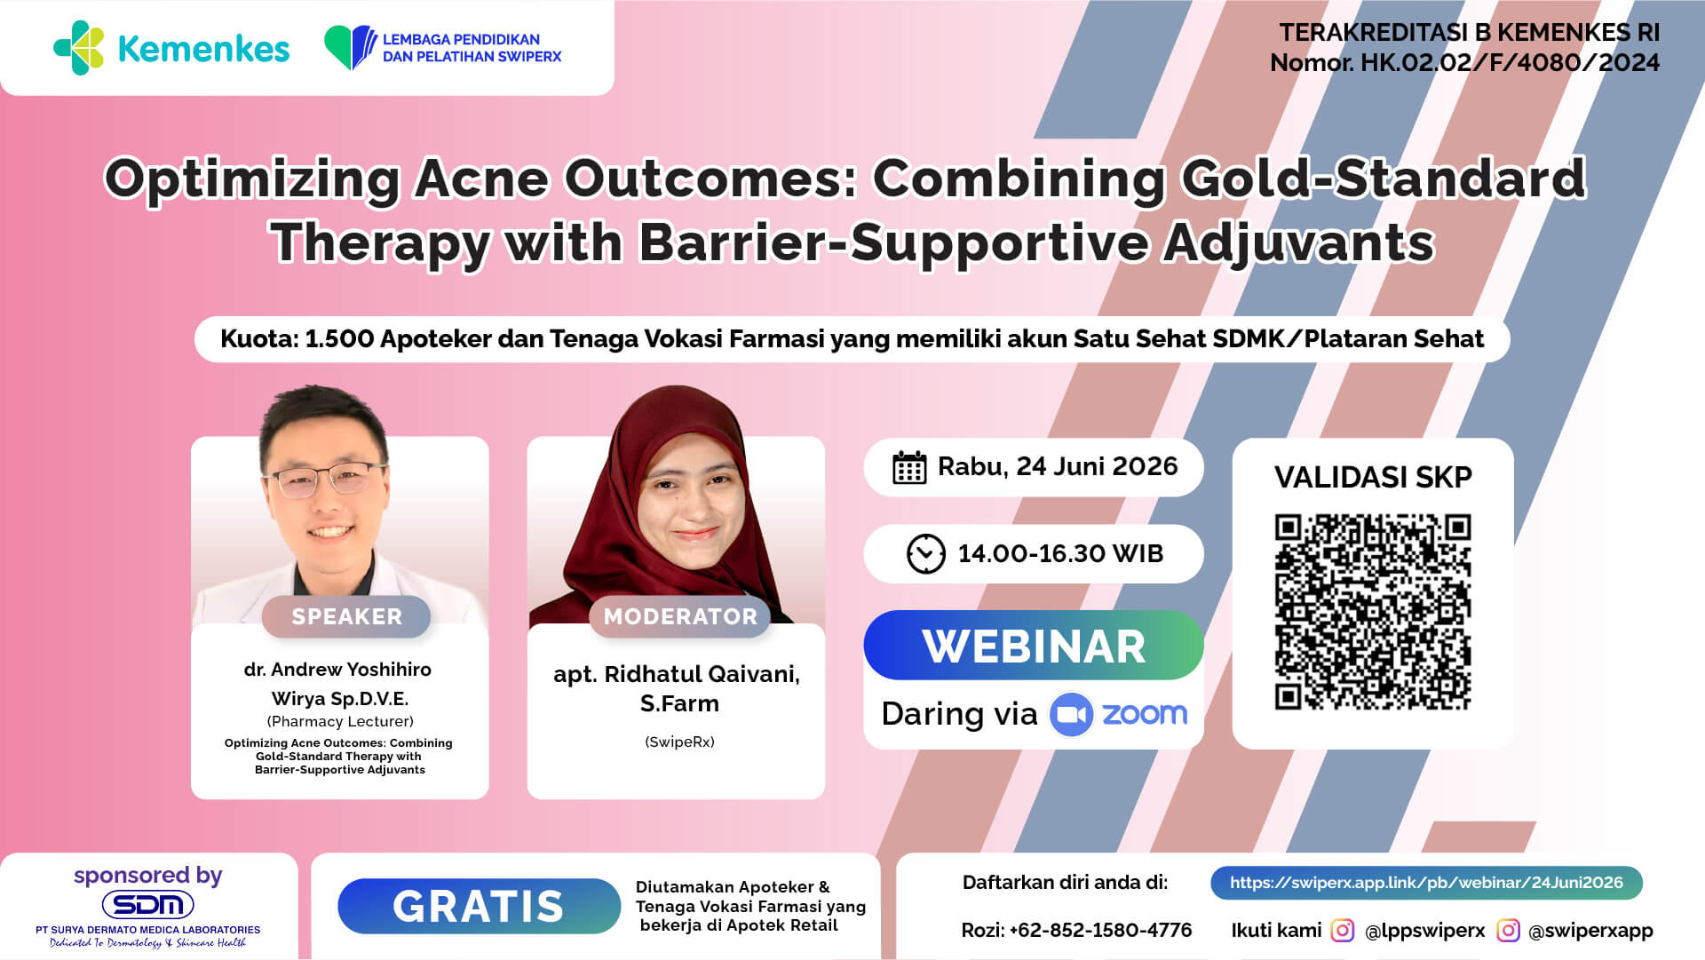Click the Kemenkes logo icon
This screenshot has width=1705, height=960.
tap(79, 48)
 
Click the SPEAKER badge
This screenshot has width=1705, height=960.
tap(346, 616)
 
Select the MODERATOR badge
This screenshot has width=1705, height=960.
tap(680, 616)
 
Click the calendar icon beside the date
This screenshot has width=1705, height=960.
tap(909, 467)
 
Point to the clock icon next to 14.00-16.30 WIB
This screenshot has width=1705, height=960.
tap(926, 553)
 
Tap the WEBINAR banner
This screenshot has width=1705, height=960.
tap(1034, 646)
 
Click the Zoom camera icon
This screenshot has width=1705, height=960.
tap(1071, 715)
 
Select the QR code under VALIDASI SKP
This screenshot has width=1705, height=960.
tap(1373, 612)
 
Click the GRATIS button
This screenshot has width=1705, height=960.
tap(479, 906)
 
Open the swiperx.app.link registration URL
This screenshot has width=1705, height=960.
tap(1426, 883)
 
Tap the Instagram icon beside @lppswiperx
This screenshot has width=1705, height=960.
tap(1343, 930)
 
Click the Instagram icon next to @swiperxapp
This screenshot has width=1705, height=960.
tap(1508, 930)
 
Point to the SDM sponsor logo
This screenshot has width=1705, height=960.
tap(148, 905)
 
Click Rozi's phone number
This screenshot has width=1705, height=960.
tap(1100, 930)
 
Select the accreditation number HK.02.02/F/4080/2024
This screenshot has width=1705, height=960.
tap(1510, 63)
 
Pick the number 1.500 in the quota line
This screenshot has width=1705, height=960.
tap(339, 338)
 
